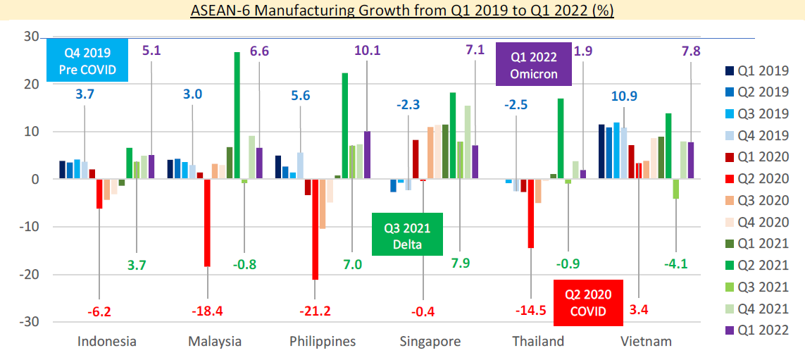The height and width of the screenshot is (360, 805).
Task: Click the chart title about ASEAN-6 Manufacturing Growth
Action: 402,12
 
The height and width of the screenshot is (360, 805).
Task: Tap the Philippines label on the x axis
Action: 323,342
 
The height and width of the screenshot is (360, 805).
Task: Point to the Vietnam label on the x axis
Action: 646,342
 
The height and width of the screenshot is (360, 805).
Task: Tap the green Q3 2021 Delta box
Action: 407,235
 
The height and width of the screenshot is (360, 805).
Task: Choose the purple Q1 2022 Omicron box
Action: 534,64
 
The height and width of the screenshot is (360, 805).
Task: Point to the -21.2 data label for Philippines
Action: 315,311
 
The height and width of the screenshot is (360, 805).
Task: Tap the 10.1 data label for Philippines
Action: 367,51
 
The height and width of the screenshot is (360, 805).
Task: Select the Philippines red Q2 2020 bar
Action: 315,229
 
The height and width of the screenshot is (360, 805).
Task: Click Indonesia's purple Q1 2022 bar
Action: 151,167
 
